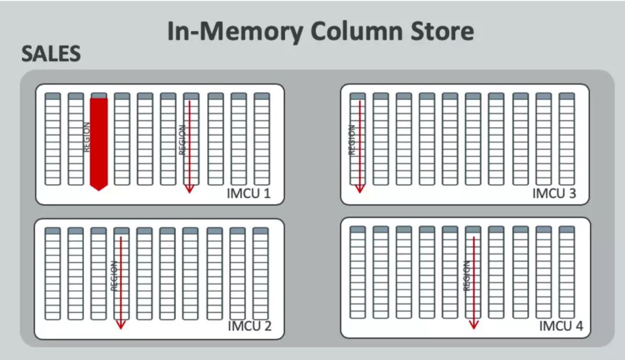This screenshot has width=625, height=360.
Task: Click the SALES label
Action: (x=50, y=54)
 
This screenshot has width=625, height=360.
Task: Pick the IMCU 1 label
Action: (x=248, y=193)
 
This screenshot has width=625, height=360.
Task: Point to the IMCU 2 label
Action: (x=249, y=326)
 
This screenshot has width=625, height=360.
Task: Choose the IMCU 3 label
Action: (x=554, y=193)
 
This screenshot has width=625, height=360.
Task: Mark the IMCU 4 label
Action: (x=561, y=326)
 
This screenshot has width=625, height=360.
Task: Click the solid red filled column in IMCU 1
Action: (x=99, y=142)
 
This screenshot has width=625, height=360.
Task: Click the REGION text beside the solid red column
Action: (x=87, y=137)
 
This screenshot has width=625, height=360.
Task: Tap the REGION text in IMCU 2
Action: (x=114, y=275)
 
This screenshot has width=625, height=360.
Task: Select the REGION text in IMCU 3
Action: (x=351, y=140)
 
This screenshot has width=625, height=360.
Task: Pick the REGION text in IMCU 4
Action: (x=466, y=275)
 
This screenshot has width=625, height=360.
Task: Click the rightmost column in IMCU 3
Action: (x=567, y=139)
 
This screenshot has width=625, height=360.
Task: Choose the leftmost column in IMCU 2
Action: (x=53, y=273)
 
